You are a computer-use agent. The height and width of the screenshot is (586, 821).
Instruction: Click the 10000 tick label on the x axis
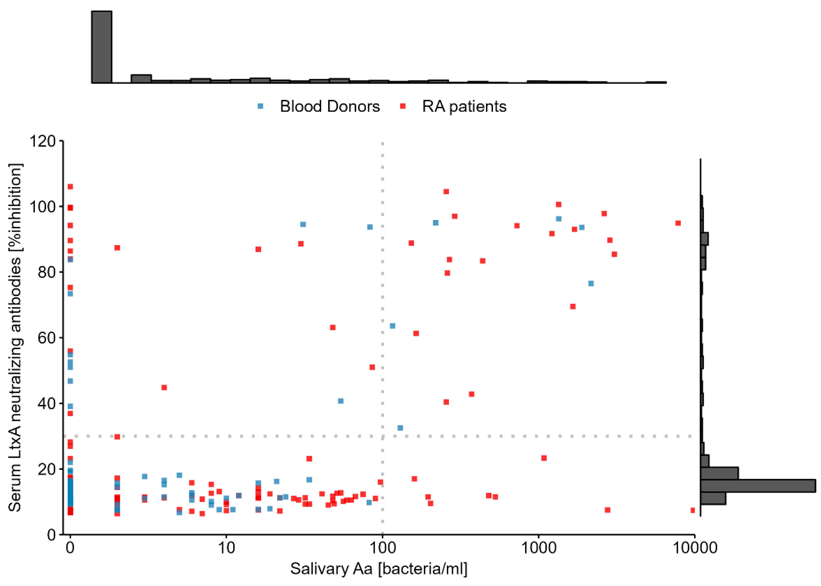694,548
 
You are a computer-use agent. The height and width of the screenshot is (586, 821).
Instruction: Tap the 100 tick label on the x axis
382,548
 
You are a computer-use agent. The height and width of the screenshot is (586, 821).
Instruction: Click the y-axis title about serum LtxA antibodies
15,337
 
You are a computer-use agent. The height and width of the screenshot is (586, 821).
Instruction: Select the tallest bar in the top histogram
102,47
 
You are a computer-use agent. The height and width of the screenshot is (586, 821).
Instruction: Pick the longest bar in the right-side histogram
757,486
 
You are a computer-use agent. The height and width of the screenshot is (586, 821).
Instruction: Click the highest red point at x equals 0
70,187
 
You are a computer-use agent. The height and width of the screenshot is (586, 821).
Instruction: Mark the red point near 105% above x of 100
446,192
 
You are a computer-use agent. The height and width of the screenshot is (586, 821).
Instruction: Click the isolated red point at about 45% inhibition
164,387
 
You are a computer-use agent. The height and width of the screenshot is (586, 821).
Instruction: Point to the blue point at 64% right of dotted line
392,326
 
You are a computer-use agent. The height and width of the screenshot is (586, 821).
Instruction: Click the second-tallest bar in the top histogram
141,79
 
